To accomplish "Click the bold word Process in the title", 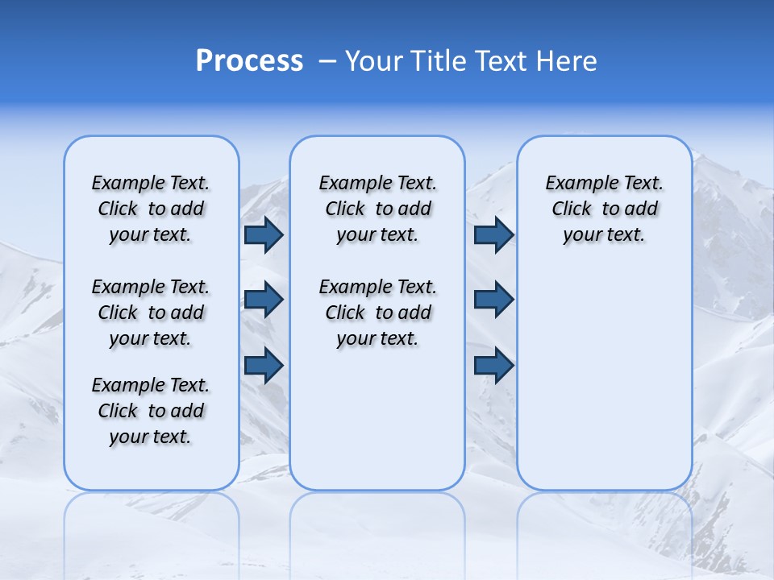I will [249, 60].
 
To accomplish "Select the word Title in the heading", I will [437, 60].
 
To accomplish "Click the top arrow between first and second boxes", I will [264, 235].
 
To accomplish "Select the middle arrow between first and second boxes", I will [264, 300].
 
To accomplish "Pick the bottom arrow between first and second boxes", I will [264, 365].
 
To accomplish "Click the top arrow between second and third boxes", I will [493, 235].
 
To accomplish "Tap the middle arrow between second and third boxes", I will [493, 300].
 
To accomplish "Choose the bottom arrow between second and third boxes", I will [493, 365].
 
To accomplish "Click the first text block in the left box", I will [151, 209].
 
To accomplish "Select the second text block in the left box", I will [151, 313].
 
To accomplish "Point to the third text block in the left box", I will [151, 411].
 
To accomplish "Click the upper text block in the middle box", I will [377, 209].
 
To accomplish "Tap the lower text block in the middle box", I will [377, 313].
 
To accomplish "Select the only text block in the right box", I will [604, 209].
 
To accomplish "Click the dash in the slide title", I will [327, 61].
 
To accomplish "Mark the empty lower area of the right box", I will [604, 379].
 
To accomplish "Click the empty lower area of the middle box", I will [377, 419].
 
